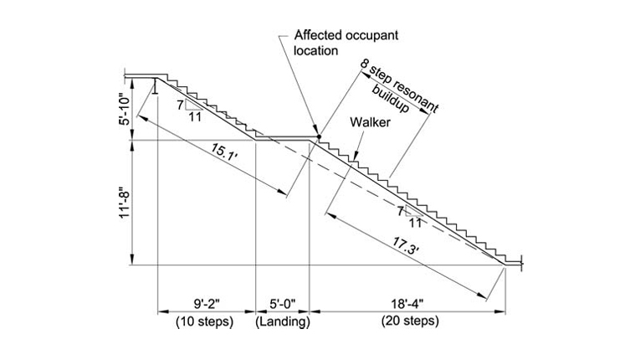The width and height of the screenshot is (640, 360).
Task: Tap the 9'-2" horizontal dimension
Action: pos(205,304)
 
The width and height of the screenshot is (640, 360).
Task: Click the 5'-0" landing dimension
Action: pos(283,304)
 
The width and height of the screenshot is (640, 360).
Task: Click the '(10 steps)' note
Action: pos(205,321)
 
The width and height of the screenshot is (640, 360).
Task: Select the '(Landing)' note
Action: pos(283,321)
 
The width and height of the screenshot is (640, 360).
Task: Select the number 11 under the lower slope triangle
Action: pos(415,223)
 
